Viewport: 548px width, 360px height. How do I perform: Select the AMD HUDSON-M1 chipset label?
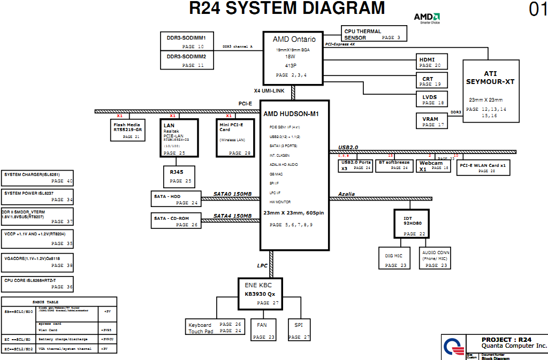291,114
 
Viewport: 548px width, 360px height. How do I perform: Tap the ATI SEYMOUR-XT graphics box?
490,91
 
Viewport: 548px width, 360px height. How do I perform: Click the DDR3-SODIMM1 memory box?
187,41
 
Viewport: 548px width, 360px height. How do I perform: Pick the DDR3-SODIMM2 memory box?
187,60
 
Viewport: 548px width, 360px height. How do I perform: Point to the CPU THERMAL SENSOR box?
374,34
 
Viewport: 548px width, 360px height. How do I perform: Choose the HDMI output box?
431,62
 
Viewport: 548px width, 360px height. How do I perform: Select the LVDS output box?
432,99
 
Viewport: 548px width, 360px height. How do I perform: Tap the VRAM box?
431,121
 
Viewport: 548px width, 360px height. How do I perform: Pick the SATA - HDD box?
176,199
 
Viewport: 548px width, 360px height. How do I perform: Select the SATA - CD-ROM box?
176,221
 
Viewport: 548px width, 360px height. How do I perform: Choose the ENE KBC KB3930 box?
260,293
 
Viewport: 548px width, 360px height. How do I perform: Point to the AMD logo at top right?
427,18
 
